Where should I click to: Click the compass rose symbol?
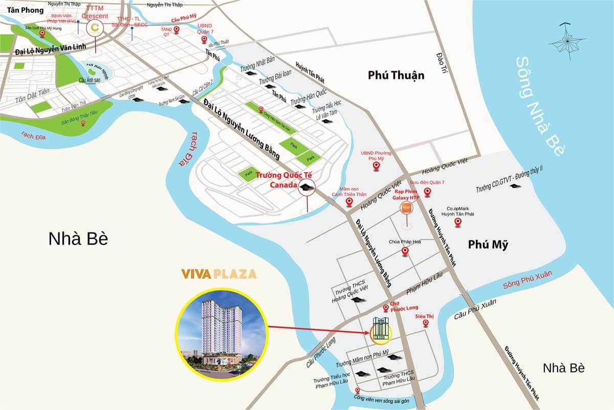(x=566, y=39)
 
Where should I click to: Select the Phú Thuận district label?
(x=396, y=75)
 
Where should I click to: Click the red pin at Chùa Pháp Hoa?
(x=405, y=251)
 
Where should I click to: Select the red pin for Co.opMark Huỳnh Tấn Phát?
(x=458, y=222)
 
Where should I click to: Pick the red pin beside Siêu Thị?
(x=419, y=323)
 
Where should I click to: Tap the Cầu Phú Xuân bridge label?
(x=475, y=310)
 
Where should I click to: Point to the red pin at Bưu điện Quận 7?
(x=428, y=192)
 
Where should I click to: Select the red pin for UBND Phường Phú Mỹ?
(x=377, y=166)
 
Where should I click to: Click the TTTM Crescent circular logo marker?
(x=95, y=29)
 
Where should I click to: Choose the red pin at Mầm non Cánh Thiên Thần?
(x=349, y=201)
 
